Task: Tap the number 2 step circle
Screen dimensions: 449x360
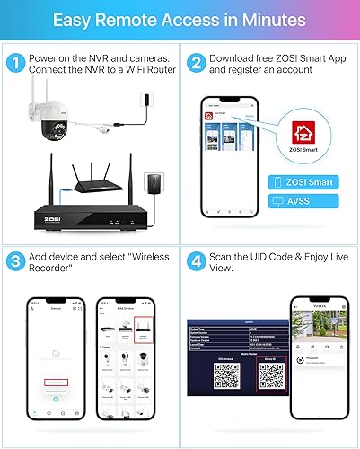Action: (x=195, y=65)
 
